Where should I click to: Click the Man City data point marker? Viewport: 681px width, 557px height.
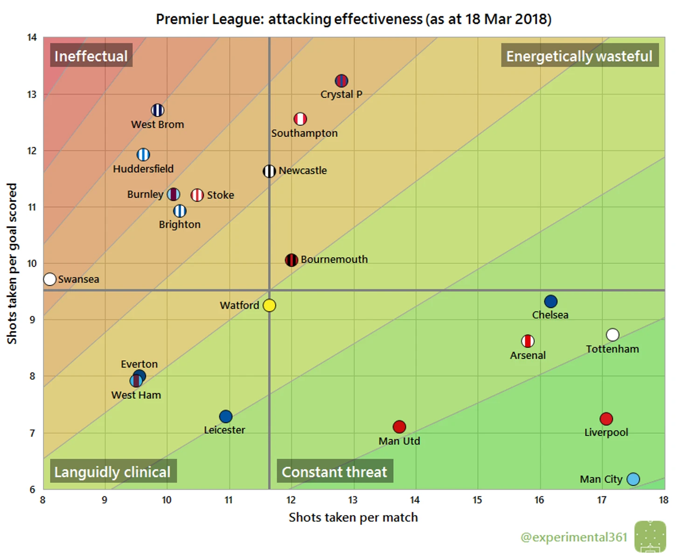point(633,479)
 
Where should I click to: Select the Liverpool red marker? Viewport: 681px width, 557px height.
point(606,419)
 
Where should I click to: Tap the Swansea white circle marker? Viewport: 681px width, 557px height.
point(50,279)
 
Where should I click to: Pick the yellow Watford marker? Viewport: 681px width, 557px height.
point(269,305)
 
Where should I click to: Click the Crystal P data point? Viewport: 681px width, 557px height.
point(341,81)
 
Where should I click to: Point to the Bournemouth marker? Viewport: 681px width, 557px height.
point(291,260)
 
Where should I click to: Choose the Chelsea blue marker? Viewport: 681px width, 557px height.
point(550,302)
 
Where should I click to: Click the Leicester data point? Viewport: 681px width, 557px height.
point(226,416)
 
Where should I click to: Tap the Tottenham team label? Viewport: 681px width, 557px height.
point(612,349)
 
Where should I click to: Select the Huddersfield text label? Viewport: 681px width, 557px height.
point(143,169)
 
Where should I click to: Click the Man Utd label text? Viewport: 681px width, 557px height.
point(399,441)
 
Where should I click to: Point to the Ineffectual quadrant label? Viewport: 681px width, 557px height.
point(91,56)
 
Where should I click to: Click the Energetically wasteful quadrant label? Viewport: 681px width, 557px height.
point(579,56)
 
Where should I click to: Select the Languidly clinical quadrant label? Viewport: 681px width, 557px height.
point(112,472)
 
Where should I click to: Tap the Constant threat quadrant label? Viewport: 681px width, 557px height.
point(334,472)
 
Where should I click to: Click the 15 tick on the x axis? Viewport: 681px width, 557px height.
point(477,500)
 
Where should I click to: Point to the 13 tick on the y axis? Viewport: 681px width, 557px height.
point(32,94)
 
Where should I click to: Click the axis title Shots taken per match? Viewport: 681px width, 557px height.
point(353,517)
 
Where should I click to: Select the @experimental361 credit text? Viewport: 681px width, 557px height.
point(574,537)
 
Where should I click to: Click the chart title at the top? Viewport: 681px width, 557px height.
point(354,19)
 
